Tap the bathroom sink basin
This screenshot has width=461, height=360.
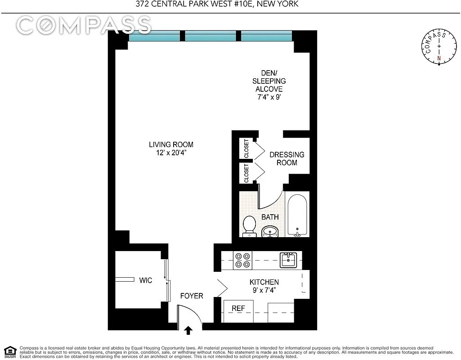pyautogui.click(x=270, y=232)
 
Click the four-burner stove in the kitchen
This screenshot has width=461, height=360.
pyautogui.click(x=243, y=260)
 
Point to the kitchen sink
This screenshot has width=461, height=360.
pyautogui.click(x=287, y=260)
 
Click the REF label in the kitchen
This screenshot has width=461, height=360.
pyautogui.click(x=238, y=308)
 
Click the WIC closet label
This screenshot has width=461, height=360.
pyautogui.click(x=145, y=280)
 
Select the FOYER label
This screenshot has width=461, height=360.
pyautogui.click(x=192, y=296)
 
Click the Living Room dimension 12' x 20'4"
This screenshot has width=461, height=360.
pyautogui.click(x=171, y=153)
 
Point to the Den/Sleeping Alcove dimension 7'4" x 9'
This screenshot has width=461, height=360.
pyautogui.click(x=269, y=97)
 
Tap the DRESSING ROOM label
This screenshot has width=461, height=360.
pyautogui.click(x=287, y=158)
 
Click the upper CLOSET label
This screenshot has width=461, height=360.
pyautogui.click(x=246, y=149)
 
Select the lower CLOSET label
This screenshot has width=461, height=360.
pyautogui.click(x=246, y=173)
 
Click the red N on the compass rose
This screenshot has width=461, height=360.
pyautogui.click(x=439, y=58)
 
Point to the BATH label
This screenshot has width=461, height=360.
pyautogui.click(x=270, y=217)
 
